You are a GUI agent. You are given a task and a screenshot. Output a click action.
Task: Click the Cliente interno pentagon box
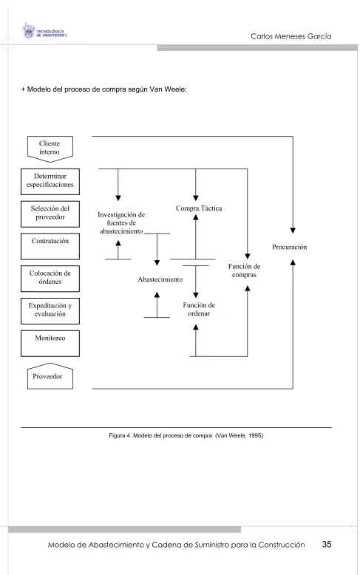[x=50, y=149]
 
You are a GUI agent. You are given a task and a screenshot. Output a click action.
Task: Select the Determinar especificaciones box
[x=50, y=182]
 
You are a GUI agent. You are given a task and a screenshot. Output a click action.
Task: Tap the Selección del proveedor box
[x=50, y=214]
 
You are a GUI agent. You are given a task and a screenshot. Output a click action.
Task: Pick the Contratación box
[x=50, y=246]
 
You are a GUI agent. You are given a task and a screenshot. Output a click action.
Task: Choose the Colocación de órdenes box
[x=50, y=279]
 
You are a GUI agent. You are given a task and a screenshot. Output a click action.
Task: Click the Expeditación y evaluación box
[x=50, y=311]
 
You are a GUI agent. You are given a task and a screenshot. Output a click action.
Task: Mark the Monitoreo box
[x=50, y=344]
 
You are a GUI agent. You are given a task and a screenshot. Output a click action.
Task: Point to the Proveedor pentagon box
[x=50, y=376]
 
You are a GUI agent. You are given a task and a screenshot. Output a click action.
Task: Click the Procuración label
[x=290, y=247]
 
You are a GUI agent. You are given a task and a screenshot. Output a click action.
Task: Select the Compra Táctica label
[x=199, y=208]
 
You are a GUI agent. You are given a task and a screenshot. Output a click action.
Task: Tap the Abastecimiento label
[x=160, y=279]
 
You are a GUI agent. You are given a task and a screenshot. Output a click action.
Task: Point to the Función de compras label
[x=244, y=271]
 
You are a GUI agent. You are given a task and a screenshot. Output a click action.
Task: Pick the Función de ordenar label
[x=199, y=309]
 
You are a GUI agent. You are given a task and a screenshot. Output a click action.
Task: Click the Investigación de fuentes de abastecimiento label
[x=121, y=223]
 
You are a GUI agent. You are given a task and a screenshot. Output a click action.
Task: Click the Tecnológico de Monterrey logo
[x=45, y=31]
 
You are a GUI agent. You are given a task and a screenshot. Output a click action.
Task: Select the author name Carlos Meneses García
[x=291, y=36]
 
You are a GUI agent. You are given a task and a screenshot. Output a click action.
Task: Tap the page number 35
[x=327, y=545]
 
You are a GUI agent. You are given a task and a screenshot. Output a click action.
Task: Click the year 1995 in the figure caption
[x=256, y=435]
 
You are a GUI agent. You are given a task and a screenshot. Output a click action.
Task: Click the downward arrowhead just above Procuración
[x=293, y=231]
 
